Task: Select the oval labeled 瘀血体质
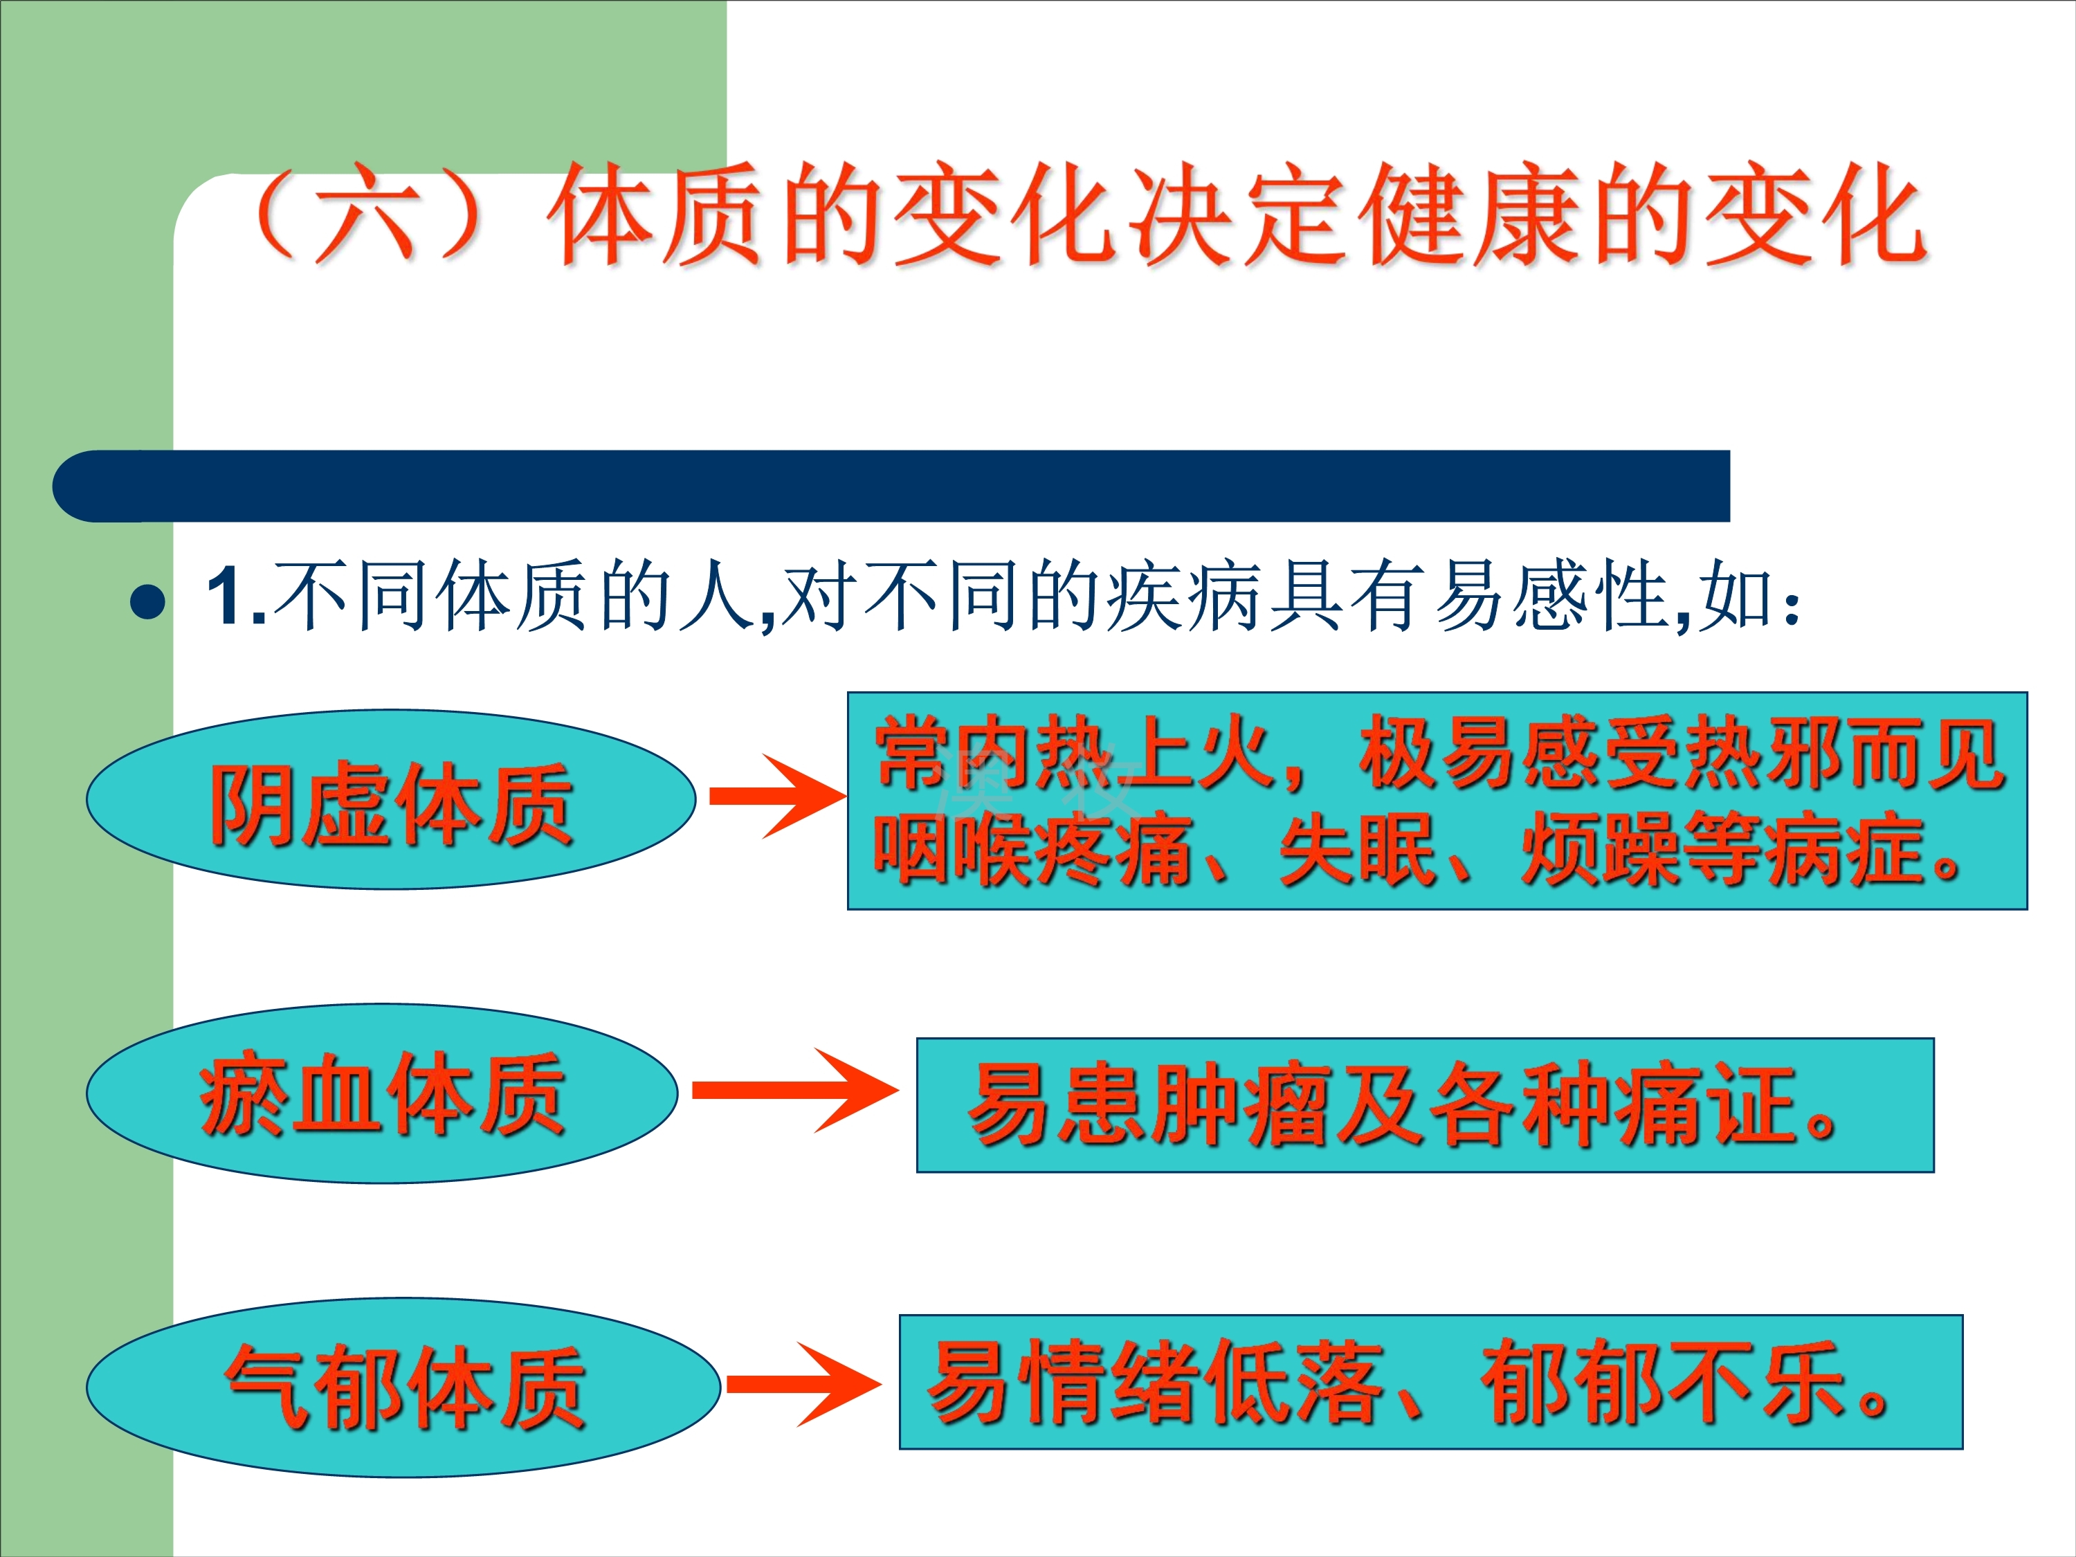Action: (x=382, y=1093)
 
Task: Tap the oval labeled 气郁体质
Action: (x=403, y=1388)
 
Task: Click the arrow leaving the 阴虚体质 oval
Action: (x=778, y=796)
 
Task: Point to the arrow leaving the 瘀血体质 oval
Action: (x=796, y=1090)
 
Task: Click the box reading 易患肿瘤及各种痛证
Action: (x=1426, y=1104)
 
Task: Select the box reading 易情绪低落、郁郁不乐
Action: (x=1431, y=1381)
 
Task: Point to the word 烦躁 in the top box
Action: (x=1599, y=849)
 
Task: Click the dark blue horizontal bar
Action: (x=891, y=486)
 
